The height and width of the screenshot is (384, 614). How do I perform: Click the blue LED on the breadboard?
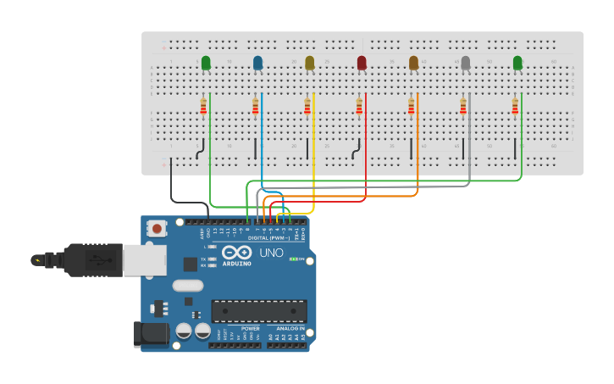pos(257,63)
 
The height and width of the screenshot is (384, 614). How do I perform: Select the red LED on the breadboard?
pos(362,63)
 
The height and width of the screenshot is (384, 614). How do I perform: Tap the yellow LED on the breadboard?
pos(309,63)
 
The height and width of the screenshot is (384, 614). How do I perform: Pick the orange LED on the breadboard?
pos(413,63)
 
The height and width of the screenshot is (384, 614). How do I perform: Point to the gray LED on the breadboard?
pos(465,63)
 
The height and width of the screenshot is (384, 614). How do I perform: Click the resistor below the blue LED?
pos(255,106)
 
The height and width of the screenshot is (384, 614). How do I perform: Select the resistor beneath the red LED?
pos(359,106)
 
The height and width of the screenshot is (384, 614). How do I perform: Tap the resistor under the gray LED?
pos(463,106)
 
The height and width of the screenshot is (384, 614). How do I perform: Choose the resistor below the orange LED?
pos(412,106)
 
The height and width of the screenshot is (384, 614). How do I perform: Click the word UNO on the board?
pos(271,253)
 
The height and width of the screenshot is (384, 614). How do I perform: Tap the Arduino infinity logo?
pos(236,253)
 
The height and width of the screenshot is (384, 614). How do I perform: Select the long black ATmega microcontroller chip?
pos(258,311)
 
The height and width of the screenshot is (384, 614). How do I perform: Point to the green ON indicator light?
pos(292,259)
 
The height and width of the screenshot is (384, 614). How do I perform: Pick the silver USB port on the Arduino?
pos(144,260)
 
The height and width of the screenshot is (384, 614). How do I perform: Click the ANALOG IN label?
pos(290,328)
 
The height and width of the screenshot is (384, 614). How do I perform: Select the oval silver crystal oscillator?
pos(188,286)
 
